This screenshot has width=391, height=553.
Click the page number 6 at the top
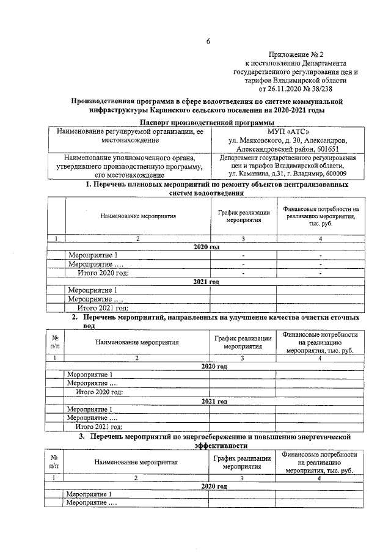(208, 42)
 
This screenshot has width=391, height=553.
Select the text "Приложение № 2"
(296, 54)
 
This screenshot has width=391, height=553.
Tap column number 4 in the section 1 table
(320, 238)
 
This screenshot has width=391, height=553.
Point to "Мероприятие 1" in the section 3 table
(89, 494)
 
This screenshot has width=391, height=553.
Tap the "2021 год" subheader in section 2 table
(214, 401)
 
